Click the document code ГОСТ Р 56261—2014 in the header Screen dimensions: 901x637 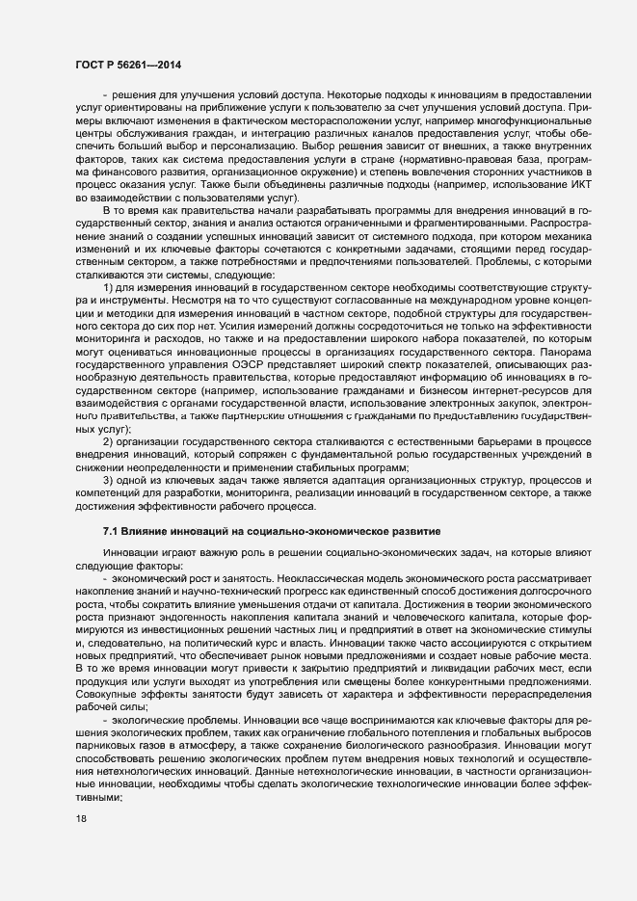coord(128,65)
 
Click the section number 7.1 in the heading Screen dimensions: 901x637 coord(111,531)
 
